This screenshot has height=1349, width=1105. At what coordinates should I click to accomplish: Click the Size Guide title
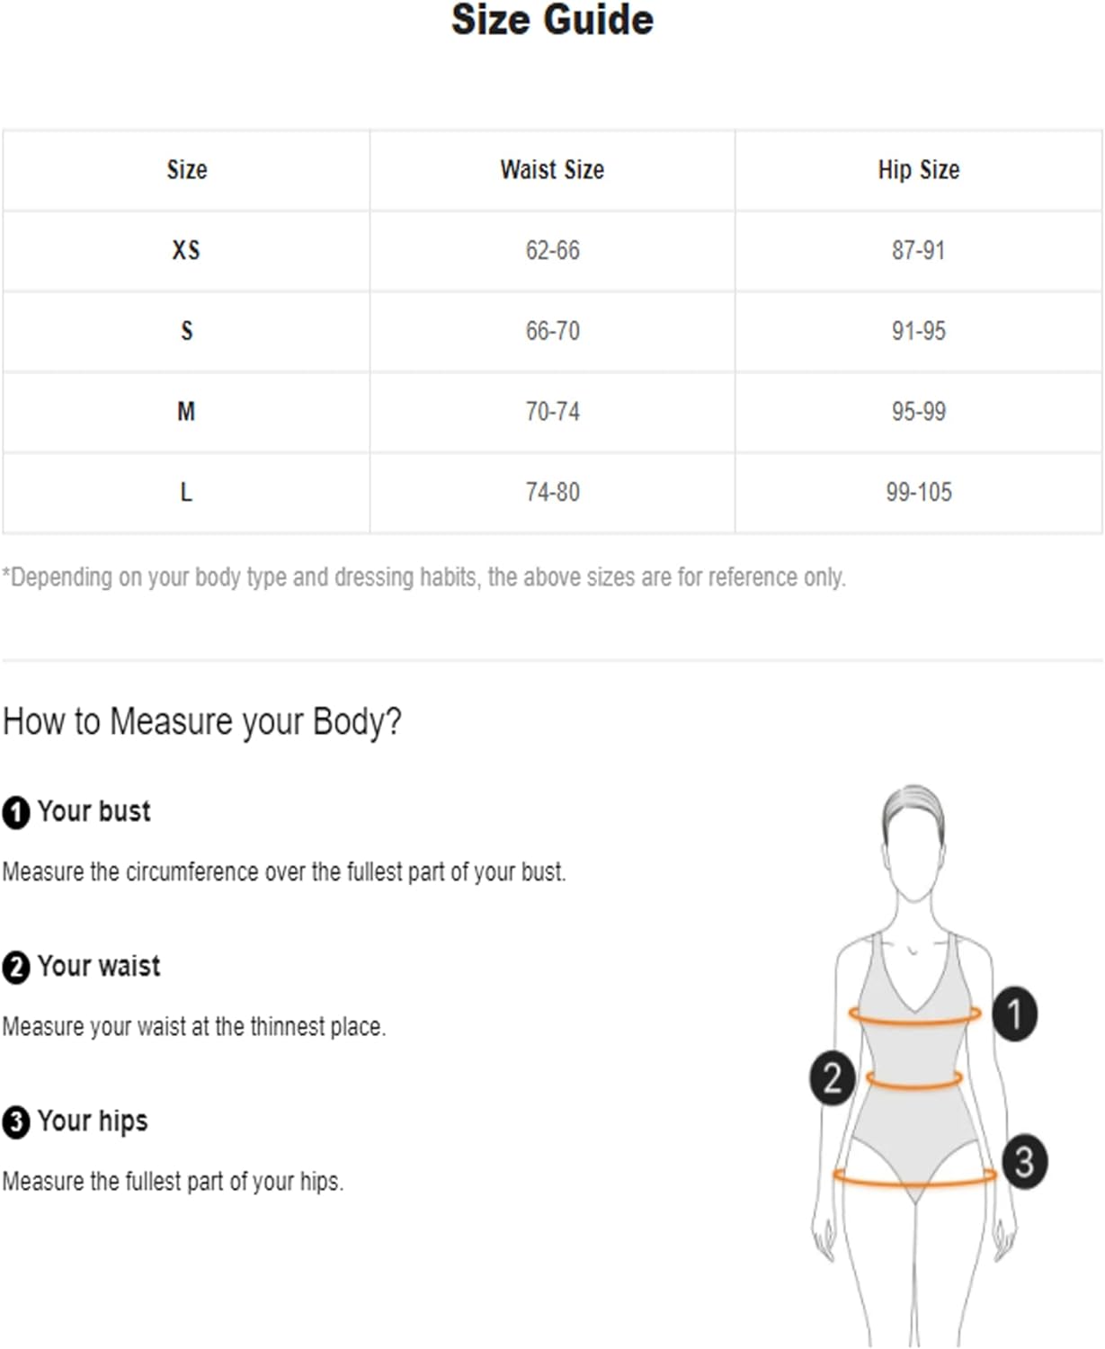pos(552,20)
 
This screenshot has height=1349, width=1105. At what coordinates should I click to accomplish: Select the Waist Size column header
pos(552,169)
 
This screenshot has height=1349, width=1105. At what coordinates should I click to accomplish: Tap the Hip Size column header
pos(919,170)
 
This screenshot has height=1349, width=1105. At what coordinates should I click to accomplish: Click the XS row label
pos(186,250)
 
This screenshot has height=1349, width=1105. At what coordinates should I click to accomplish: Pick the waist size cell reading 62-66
pos(552,250)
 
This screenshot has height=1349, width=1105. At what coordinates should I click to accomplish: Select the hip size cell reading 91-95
pos(919,331)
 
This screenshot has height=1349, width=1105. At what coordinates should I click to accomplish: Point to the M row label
pos(186,411)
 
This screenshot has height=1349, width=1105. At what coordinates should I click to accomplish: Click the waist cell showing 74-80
pos(552,492)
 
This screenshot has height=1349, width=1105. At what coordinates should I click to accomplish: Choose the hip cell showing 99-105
pos(919,492)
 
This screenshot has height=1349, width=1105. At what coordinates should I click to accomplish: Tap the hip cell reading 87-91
pos(919,250)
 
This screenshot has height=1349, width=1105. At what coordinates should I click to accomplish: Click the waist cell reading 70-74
pos(552,411)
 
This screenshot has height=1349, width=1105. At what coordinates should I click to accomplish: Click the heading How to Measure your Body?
pos(202,722)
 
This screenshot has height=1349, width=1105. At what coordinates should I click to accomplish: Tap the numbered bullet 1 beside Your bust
pos(16,812)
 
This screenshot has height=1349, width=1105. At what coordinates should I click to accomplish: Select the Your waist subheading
pos(99,966)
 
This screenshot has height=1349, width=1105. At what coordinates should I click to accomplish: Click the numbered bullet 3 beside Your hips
pos(16,1122)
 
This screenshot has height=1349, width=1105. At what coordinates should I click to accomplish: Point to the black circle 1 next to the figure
pos(1014,1014)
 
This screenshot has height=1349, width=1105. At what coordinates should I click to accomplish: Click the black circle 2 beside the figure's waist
pos(832,1077)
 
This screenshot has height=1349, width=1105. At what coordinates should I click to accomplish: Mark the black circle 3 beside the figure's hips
pos(1024,1162)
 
